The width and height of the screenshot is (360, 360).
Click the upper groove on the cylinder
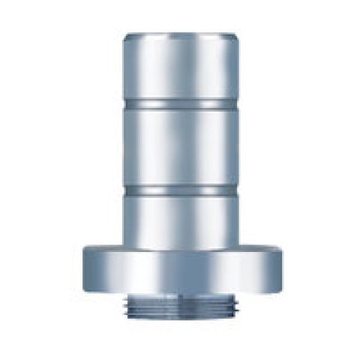(181, 102)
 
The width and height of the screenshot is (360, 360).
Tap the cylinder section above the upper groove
(181, 67)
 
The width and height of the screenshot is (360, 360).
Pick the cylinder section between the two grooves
(181, 147)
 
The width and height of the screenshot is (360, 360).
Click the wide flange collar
(181, 270)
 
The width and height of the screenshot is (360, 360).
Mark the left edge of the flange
(81, 270)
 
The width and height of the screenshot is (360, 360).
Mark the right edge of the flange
(283, 270)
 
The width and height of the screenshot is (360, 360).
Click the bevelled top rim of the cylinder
(181, 35)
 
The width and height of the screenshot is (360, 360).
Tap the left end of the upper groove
(125, 102)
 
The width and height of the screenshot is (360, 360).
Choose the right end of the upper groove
(238, 102)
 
